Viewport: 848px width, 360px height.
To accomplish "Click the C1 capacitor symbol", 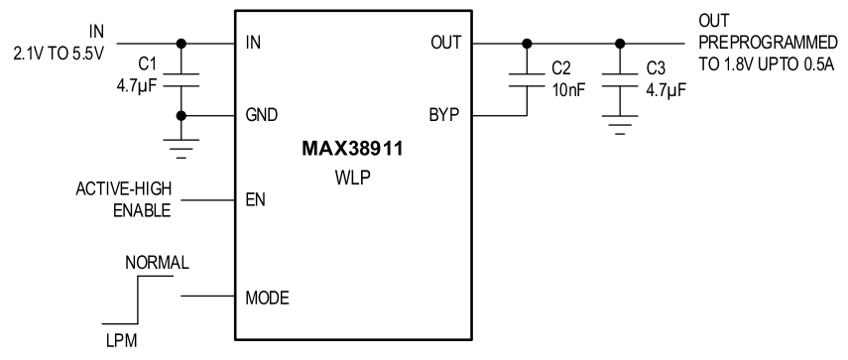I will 181,80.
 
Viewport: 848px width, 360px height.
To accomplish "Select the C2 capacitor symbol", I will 526,80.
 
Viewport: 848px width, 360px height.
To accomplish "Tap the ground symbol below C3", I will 621,127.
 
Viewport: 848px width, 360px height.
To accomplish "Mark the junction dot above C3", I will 621,44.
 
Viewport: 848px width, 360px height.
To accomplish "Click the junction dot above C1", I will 181,44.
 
